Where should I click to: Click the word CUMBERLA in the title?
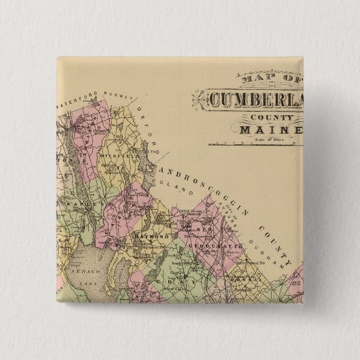254,100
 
